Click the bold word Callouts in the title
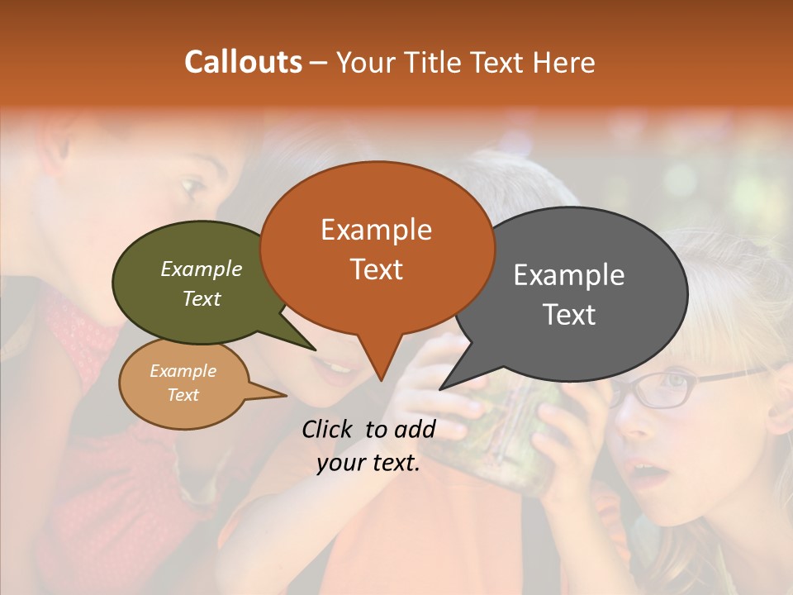[x=243, y=62]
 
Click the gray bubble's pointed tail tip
[x=441, y=388]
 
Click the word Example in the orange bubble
[x=376, y=230]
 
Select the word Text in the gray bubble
[x=569, y=315]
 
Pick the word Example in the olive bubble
[x=202, y=269]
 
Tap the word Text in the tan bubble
[x=183, y=395]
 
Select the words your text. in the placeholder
[x=368, y=464]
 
